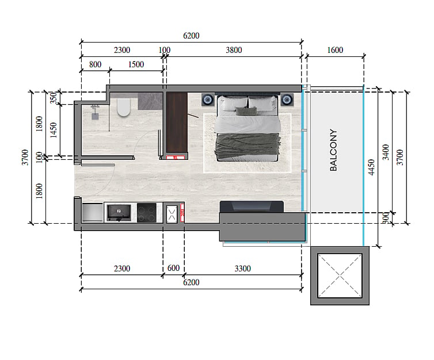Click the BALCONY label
tap(333, 150)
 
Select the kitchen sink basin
tap(119, 213)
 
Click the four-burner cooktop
tap(146, 213)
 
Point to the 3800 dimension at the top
tap(234, 50)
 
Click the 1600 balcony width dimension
tap(335, 50)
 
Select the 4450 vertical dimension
tap(371, 167)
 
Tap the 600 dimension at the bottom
tap(174, 268)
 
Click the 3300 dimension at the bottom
tap(243, 269)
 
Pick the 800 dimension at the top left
tap(95, 64)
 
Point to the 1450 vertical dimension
tap(54, 130)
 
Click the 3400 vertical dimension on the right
tap(386, 152)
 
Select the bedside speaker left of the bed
tap(208, 99)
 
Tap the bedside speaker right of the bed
tap(287, 99)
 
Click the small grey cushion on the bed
tap(246, 110)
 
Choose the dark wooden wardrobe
tap(177, 122)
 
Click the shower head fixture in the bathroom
tap(95, 112)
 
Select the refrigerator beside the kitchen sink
tap(93, 212)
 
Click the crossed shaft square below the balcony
tap(340, 275)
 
